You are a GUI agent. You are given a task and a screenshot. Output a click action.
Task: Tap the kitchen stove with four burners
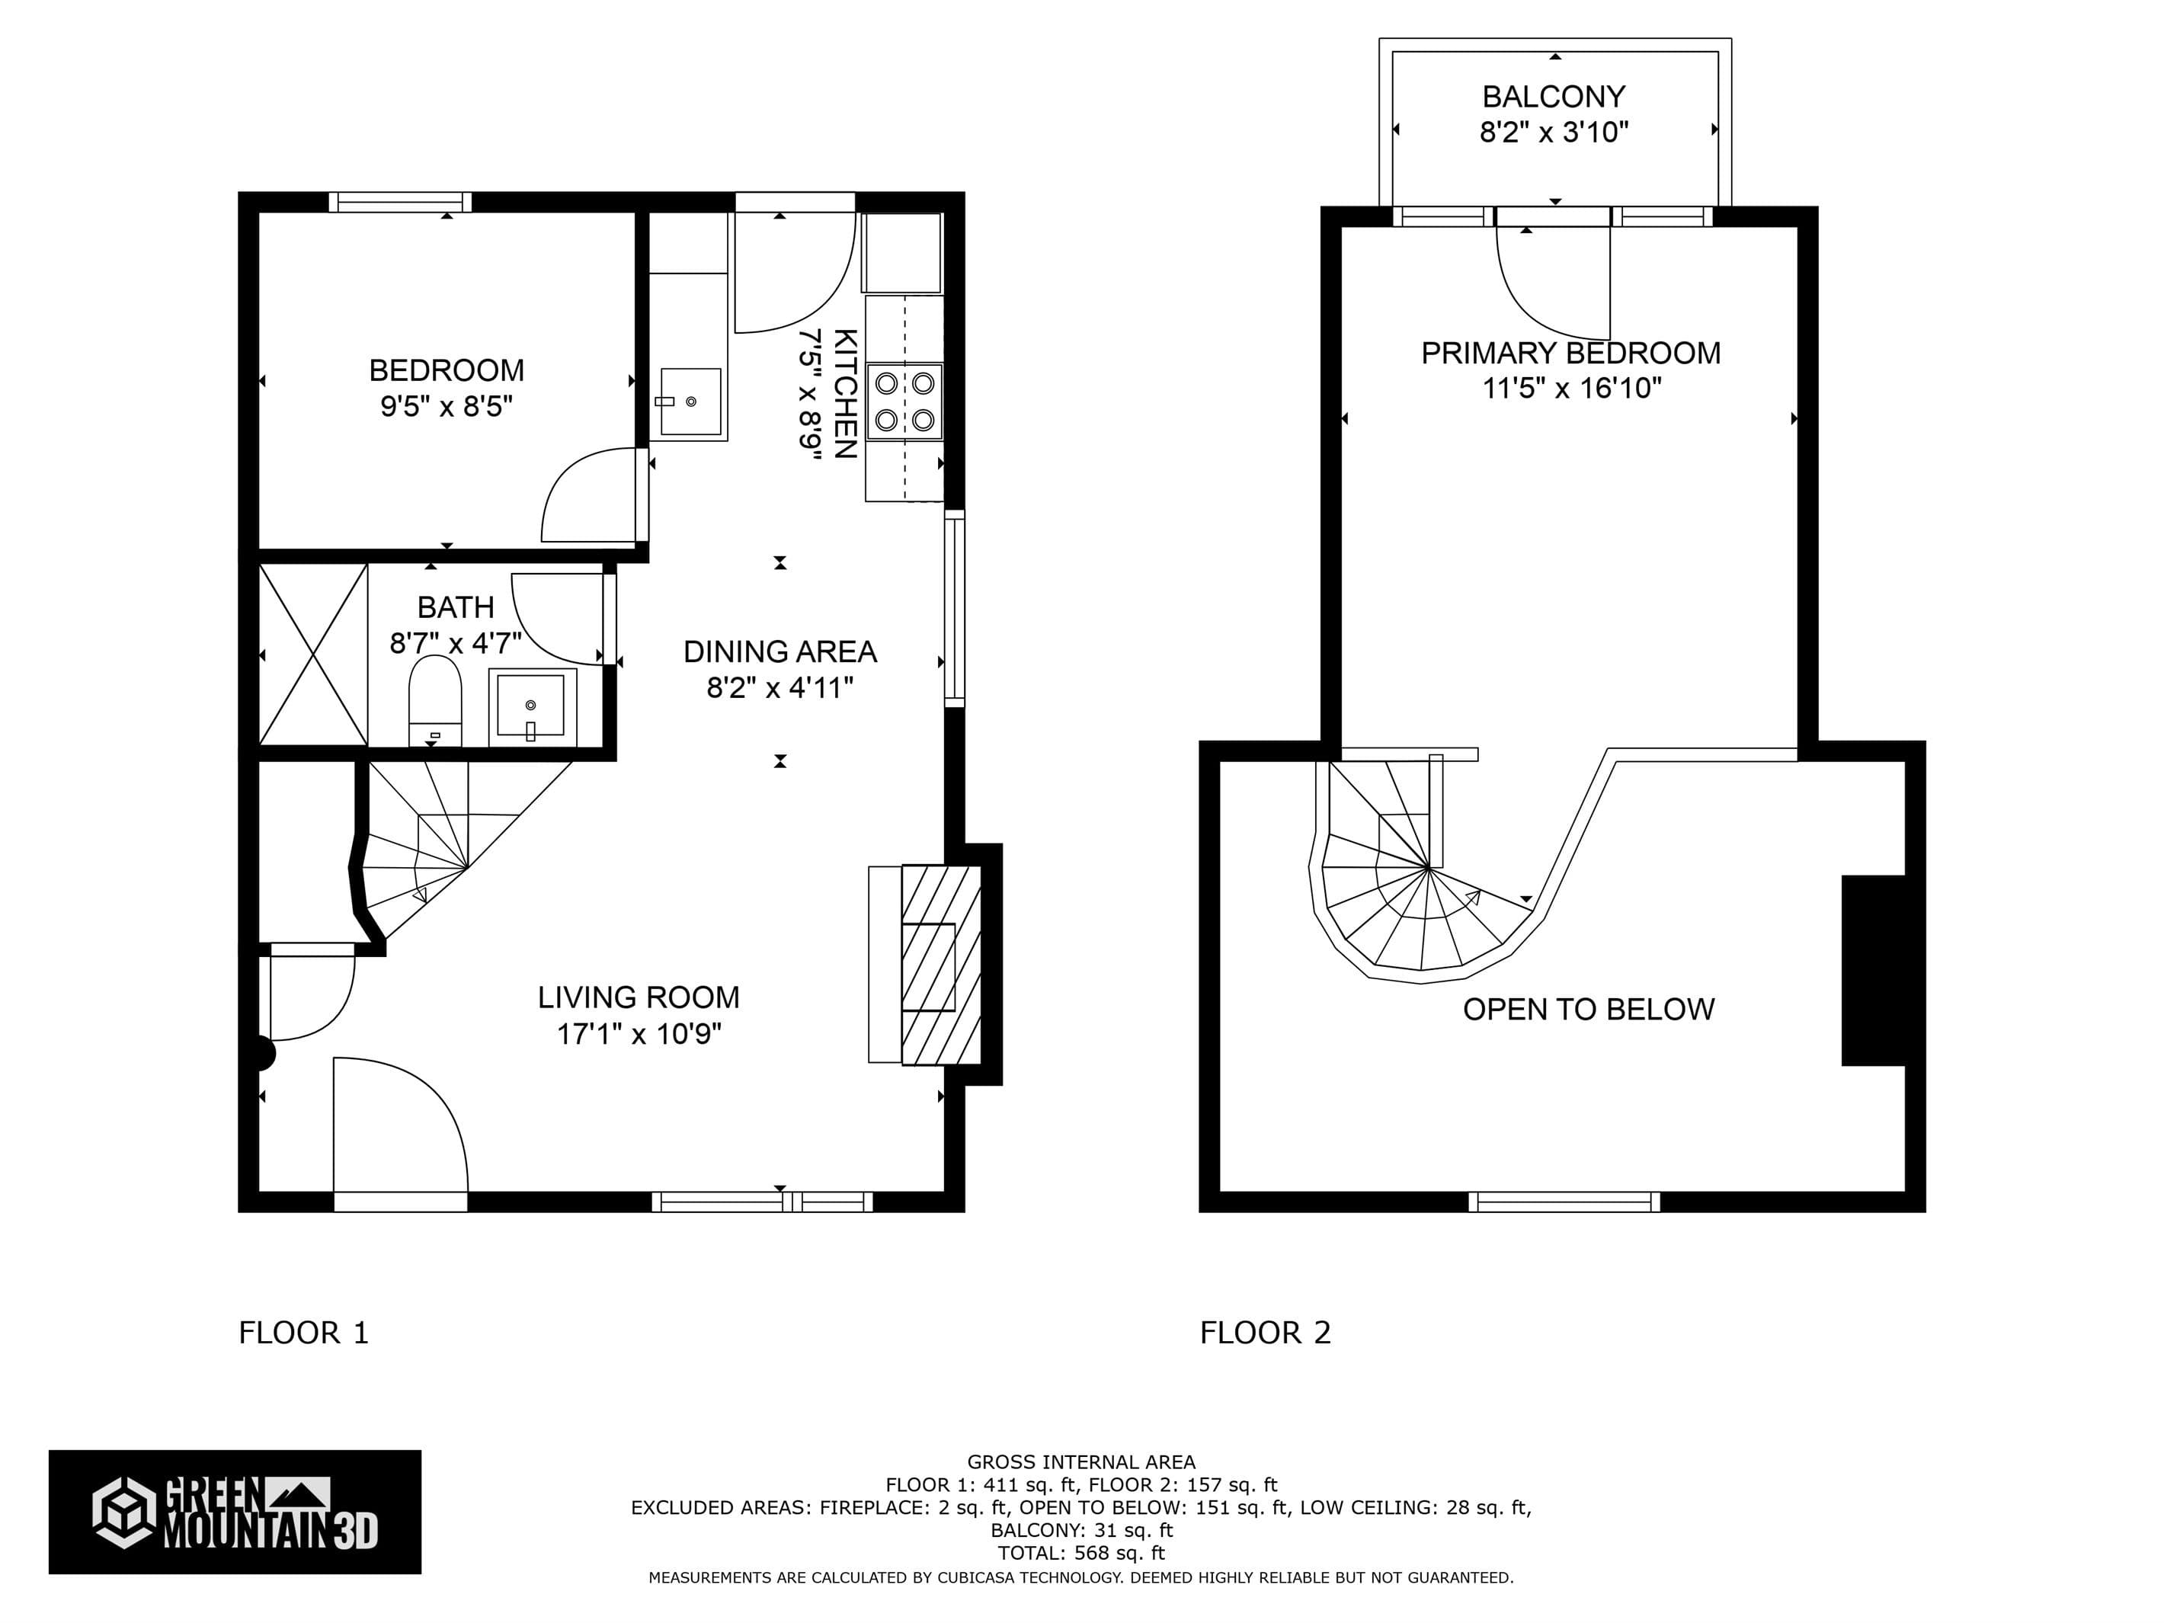tap(904, 401)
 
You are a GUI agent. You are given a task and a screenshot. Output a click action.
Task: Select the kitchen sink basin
tap(690, 401)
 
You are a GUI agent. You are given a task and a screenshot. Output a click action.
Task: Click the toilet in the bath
tap(434, 696)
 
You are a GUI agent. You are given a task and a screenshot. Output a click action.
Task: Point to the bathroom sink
tap(531, 703)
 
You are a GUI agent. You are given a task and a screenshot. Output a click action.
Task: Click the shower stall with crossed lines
tap(313, 654)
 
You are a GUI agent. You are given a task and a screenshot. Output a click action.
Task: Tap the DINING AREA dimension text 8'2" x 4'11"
tap(779, 688)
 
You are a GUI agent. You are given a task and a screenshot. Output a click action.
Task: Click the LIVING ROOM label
tap(638, 997)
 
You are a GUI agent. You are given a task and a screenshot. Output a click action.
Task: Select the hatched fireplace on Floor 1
tap(940, 965)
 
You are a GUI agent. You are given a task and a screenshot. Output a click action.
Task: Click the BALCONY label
tap(1554, 97)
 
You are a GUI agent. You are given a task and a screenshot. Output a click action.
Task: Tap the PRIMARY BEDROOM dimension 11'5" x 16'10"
tap(1571, 389)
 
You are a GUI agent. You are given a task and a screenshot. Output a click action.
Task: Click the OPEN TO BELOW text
tap(1588, 1009)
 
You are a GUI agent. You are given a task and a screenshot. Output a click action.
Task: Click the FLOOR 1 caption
tap(303, 1333)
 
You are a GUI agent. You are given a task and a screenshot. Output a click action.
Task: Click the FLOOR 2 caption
tap(1265, 1333)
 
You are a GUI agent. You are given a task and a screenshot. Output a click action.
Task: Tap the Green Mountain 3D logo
tap(235, 1512)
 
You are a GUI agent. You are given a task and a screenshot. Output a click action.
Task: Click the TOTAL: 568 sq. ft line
tap(1081, 1553)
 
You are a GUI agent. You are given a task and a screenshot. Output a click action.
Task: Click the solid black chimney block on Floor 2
tap(1872, 969)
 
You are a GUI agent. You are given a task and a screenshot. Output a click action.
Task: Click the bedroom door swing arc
tap(587, 494)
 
